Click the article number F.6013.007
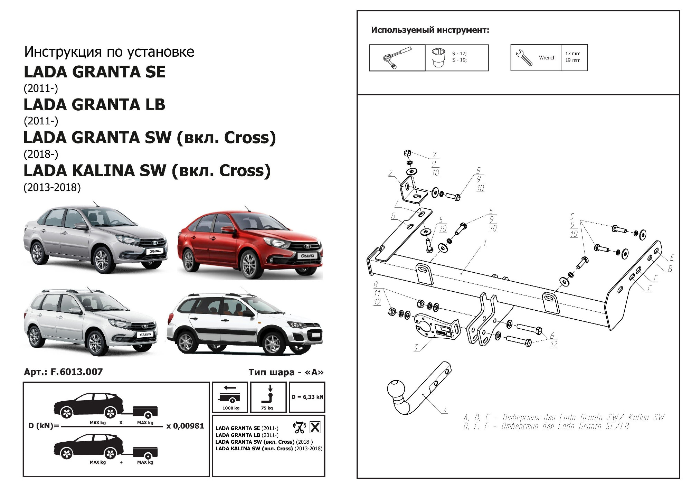point(76,372)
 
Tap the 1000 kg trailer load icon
point(230,397)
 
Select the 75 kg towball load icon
point(268,397)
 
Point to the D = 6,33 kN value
point(307,397)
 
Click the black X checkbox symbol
point(315,427)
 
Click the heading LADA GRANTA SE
point(95,72)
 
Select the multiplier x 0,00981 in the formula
point(185,426)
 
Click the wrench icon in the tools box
point(524,57)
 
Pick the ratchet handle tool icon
point(397,58)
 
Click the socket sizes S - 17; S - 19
point(459,57)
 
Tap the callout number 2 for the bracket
point(390,173)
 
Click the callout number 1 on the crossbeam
point(485,243)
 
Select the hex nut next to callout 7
point(407,153)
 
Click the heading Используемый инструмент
point(430,30)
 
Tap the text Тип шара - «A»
point(286,372)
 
